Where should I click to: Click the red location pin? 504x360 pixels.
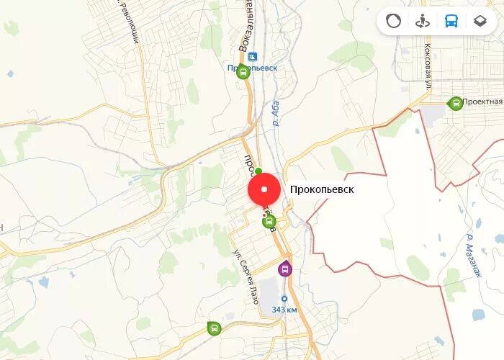pyautogui.click(x=264, y=190)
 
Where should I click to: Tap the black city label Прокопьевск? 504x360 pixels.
pyautogui.click(x=322, y=190)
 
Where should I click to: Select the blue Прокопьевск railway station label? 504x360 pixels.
pyautogui.click(x=252, y=68)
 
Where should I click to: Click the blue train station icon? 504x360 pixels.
pyautogui.click(x=252, y=56)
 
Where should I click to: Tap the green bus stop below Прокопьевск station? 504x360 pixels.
pyautogui.click(x=243, y=72)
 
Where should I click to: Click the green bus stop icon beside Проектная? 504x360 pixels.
pyautogui.click(x=455, y=103)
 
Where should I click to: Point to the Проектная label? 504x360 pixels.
pyautogui.click(x=482, y=102)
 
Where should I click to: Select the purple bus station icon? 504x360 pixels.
pyautogui.click(x=285, y=269)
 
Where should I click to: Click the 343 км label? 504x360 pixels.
pyautogui.click(x=284, y=310)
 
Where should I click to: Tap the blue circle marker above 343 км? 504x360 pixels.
pyautogui.click(x=284, y=298)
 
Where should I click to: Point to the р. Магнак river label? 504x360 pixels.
pyautogui.click(x=473, y=256)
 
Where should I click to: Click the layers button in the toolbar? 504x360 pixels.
pyautogui.click(x=480, y=21)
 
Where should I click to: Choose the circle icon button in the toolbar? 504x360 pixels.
pyautogui.click(x=393, y=21)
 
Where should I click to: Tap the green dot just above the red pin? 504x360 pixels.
pyautogui.click(x=258, y=171)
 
